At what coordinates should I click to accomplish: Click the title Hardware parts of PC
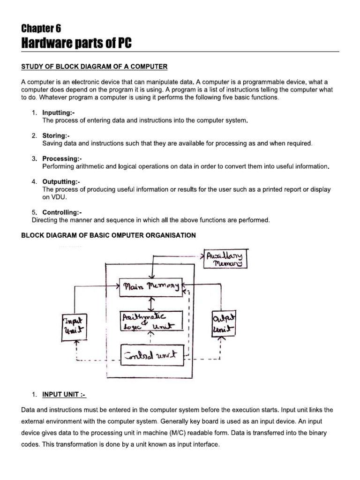[x=77, y=43]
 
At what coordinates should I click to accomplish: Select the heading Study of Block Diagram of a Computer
[x=94, y=66]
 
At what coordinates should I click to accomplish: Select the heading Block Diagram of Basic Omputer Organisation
[x=108, y=235]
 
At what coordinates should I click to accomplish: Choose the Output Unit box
[x=224, y=323]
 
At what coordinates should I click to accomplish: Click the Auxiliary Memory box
[x=225, y=259]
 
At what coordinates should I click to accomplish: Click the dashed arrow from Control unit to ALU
[x=150, y=337]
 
